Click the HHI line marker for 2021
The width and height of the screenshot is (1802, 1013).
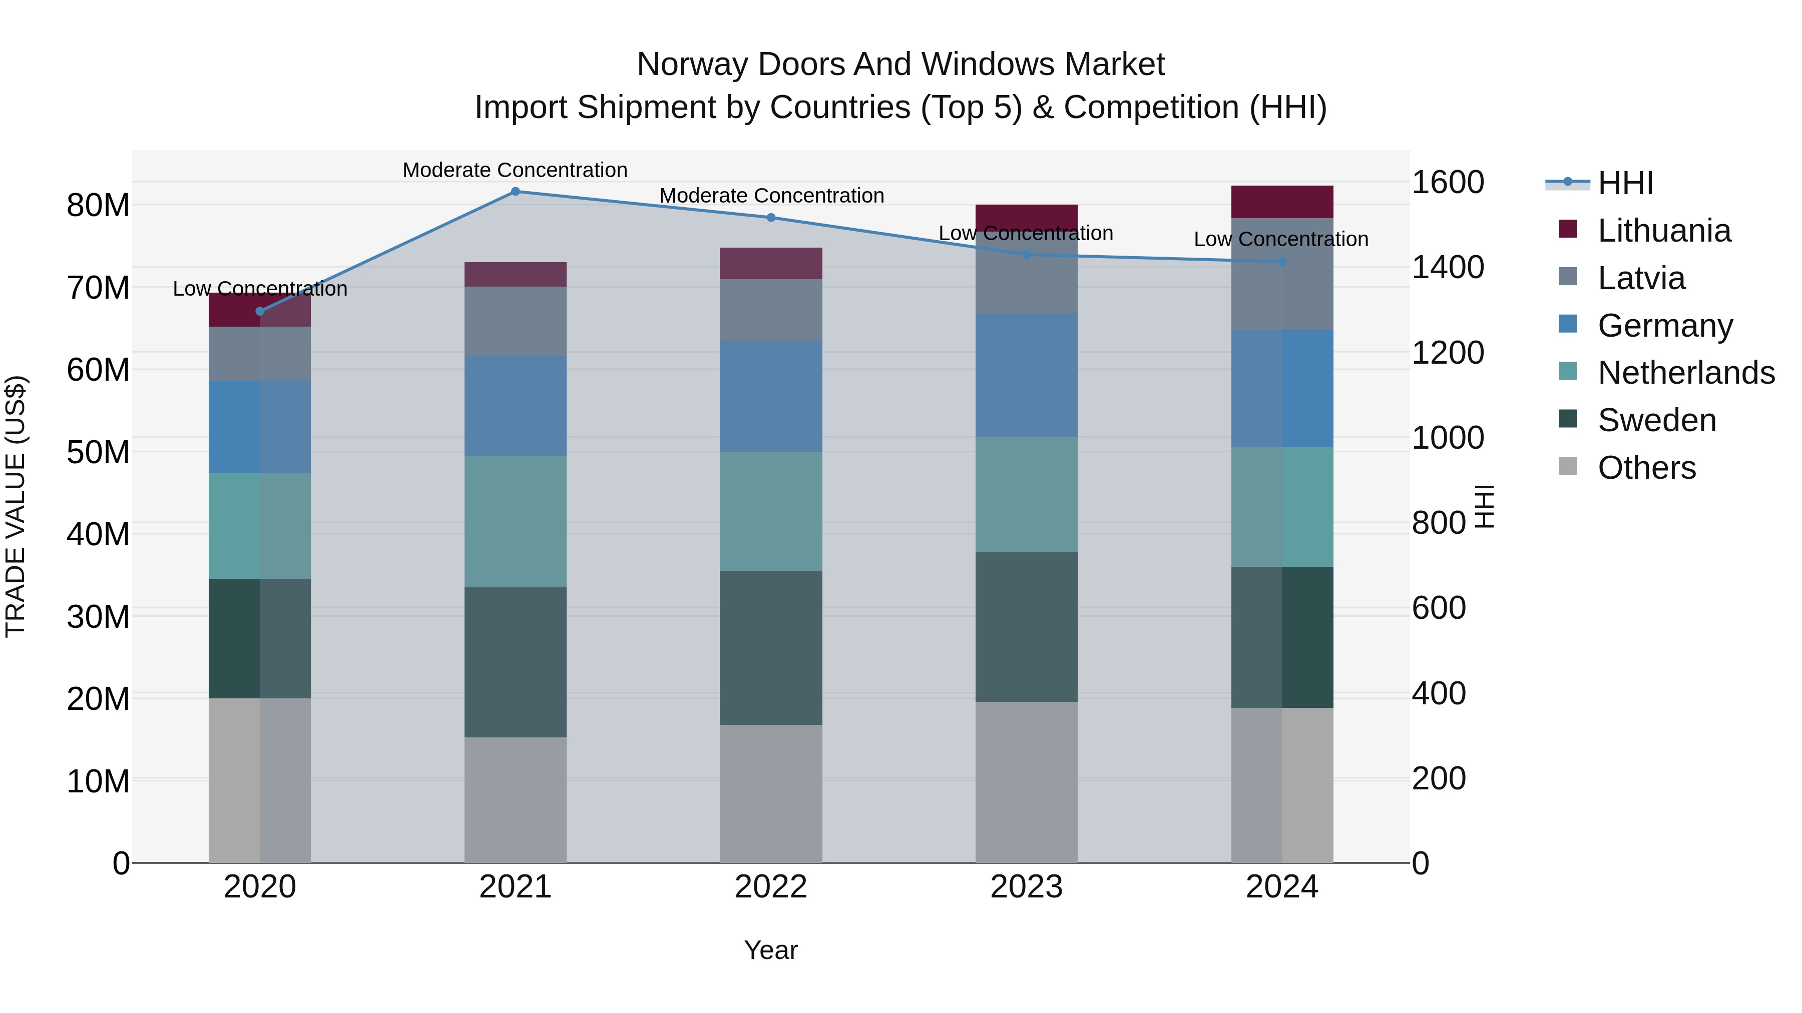(x=515, y=192)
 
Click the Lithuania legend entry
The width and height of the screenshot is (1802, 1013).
(x=1663, y=231)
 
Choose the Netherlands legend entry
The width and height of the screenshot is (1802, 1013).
(x=1686, y=373)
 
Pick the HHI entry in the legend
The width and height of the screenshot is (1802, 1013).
(x=1625, y=183)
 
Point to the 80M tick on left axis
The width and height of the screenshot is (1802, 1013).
(x=98, y=206)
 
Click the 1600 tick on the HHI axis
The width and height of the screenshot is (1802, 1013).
(x=1447, y=183)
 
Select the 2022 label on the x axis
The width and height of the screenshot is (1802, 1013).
(x=771, y=887)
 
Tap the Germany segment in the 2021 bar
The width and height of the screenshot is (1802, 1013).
(x=515, y=406)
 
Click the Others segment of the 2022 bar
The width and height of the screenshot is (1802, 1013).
(x=771, y=793)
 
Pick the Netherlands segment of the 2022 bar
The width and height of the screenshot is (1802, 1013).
(x=771, y=511)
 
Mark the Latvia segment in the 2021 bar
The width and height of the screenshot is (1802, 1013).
(x=515, y=321)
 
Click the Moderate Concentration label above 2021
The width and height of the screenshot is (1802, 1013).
(x=515, y=170)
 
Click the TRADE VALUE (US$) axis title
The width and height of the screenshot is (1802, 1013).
(x=16, y=506)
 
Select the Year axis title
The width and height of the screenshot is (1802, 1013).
(x=771, y=950)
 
